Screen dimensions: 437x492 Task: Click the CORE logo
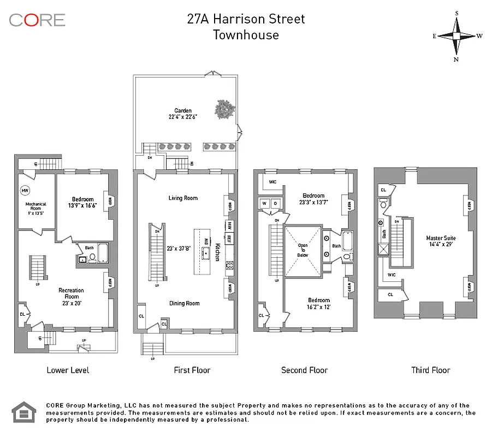[x=37, y=20]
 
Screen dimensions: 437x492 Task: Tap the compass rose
[x=457, y=36]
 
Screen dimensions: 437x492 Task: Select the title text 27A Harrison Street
[x=246, y=19]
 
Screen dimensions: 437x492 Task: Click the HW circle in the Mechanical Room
[x=25, y=191]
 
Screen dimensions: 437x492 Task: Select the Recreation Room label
[x=71, y=293]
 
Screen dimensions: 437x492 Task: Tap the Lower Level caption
[x=68, y=370]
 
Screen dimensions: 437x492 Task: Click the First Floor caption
[x=192, y=370]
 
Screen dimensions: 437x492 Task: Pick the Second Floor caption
[x=304, y=370]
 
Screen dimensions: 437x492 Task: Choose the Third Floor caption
[x=430, y=370]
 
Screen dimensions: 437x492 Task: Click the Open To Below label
[x=303, y=250]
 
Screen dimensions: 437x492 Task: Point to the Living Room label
[x=183, y=198]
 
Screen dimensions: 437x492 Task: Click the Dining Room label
[x=184, y=303]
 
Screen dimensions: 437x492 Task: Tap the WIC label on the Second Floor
[x=272, y=181]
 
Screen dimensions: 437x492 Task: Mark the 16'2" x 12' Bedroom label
[x=318, y=303]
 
